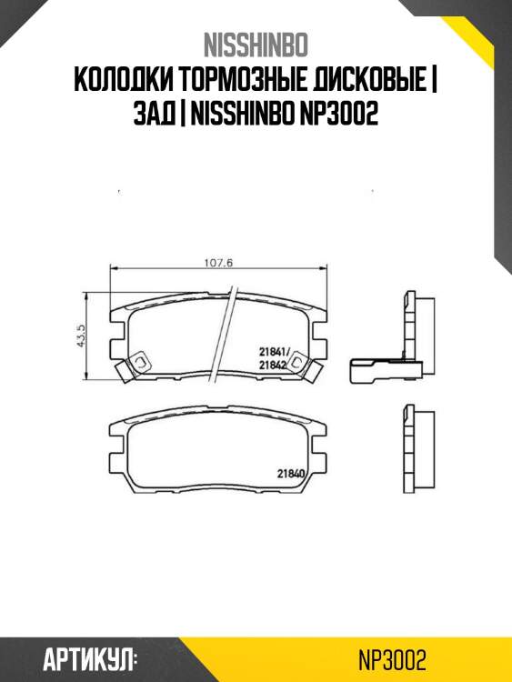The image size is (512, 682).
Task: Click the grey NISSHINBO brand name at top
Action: point(256,45)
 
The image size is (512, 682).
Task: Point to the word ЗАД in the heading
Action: point(154,115)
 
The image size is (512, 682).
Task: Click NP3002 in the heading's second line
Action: point(339,115)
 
